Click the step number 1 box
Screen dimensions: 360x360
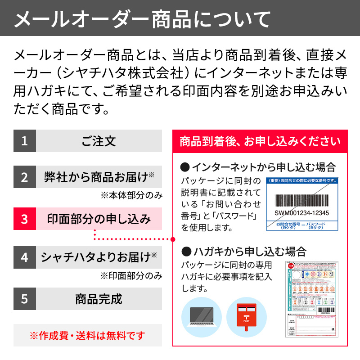pos(24,141)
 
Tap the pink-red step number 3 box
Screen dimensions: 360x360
pos(24,219)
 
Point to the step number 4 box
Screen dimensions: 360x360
pos(24,257)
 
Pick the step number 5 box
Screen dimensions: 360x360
pos(24,298)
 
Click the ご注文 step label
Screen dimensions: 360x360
pos(99,141)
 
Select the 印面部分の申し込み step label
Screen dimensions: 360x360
pos(99,219)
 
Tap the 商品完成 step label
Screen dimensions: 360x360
pos(99,298)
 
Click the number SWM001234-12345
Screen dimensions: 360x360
pos(301,213)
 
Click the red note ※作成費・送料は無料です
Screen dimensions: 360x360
pos(88,335)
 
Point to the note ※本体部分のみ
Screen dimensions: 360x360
pos(131,195)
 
